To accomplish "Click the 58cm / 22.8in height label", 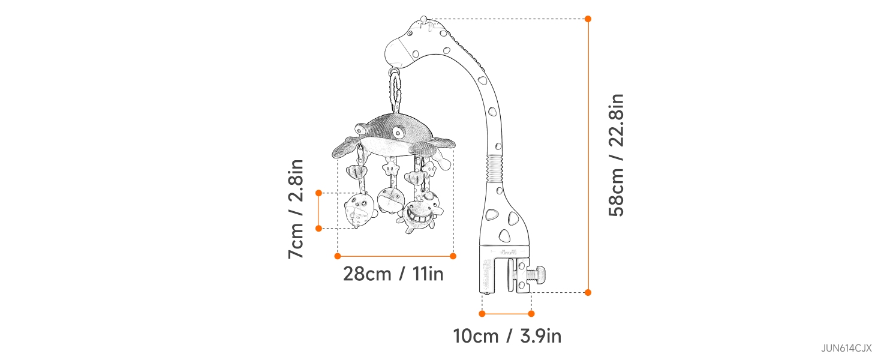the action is tap(616, 155).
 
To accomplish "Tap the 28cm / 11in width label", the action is tap(393, 274).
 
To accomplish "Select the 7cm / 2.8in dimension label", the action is tap(296, 209).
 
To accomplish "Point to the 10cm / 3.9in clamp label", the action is tap(507, 336).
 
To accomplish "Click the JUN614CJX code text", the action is tap(846, 348).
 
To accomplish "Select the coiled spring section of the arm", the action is tap(494, 169).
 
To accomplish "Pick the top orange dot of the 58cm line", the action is tap(588, 19).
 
